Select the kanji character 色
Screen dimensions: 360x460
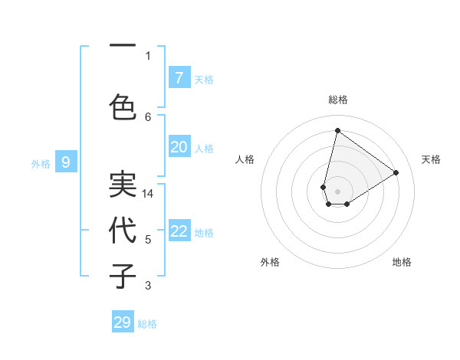(123, 106)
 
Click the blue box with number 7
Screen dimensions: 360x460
(179, 78)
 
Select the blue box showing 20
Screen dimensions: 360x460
(179, 147)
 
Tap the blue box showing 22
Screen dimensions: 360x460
(179, 231)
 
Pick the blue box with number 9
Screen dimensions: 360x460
(66, 162)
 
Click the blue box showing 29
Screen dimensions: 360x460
(123, 322)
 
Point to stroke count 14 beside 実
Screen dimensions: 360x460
(148, 194)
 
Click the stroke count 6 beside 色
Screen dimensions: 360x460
(148, 116)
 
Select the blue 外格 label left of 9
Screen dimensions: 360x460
(41, 163)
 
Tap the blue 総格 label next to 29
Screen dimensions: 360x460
(147, 324)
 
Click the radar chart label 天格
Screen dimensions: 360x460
(431, 159)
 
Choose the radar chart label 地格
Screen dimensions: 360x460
(402, 262)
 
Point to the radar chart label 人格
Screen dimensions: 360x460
(245, 159)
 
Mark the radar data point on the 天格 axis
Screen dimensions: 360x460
(396, 172)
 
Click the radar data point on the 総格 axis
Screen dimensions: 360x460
(337, 130)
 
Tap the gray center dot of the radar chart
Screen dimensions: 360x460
(337, 191)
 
